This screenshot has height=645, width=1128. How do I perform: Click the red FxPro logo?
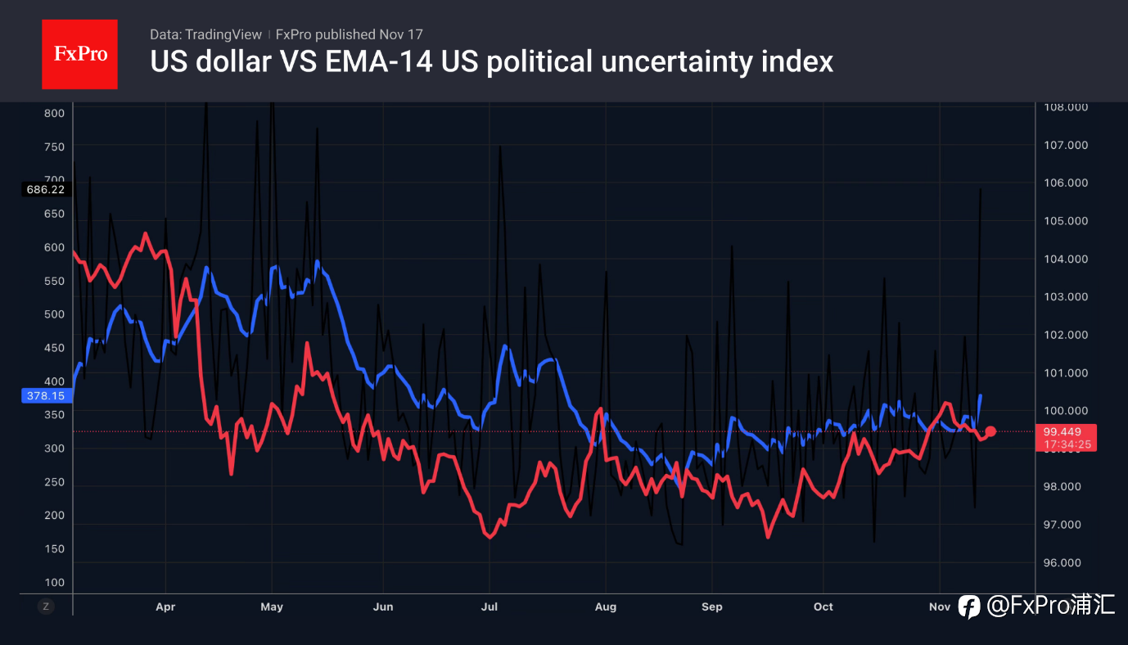pyautogui.click(x=79, y=54)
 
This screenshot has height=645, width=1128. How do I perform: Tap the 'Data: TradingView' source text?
pyautogui.click(x=205, y=34)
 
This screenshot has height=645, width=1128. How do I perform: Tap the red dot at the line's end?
pyautogui.click(x=990, y=431)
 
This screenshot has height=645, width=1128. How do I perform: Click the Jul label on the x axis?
pyautogui.click(x=489, y=607)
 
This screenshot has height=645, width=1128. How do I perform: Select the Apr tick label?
pyautogui.click(x=165, y=607)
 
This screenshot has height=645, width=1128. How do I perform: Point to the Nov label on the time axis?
pyautogui.click(x=940, y=607)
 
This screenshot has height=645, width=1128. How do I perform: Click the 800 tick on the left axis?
pyautogui.click(x=54, y=113)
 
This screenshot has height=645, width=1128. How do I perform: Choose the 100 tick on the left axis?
pyautogui.click(x=54, y=583)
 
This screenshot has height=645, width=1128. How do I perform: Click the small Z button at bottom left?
pyautogui.click(x=46, y=607)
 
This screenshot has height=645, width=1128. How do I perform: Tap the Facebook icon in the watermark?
pyautogui.click(x=969, y=606)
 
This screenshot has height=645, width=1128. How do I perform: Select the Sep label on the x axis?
pyautogui.click(x=712, y=607)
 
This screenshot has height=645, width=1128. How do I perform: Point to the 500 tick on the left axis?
pyautogui.click(x=54, y=314)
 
